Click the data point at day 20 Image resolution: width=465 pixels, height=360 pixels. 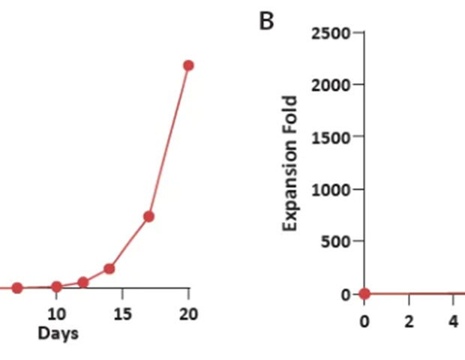click(x=188, y=65)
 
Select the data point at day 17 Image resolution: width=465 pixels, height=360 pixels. click(x=148, y=217)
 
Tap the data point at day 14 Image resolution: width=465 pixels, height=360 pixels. click(x=109, y=268)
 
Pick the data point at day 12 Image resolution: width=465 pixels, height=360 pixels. click(x=83, y=282)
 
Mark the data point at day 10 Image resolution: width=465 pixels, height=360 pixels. click(x=56, y=286)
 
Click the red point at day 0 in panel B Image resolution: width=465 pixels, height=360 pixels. click(x=364, y=293)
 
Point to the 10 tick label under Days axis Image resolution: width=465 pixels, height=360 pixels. click(x=56, y=313)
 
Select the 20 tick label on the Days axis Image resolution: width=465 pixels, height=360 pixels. click(x=189, y=313)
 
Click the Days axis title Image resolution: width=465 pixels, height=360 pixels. click(x=58, y=331)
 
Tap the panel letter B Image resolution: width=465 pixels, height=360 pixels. click(x=266, y=22)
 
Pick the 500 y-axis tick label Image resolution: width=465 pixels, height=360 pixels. click(x=337, y=241)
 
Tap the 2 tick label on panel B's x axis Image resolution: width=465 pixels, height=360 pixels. click(x=409, y=321)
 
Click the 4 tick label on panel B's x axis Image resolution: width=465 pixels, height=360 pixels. click(x=453, y=321)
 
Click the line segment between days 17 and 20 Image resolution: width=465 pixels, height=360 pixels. click(x=169, y=141)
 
